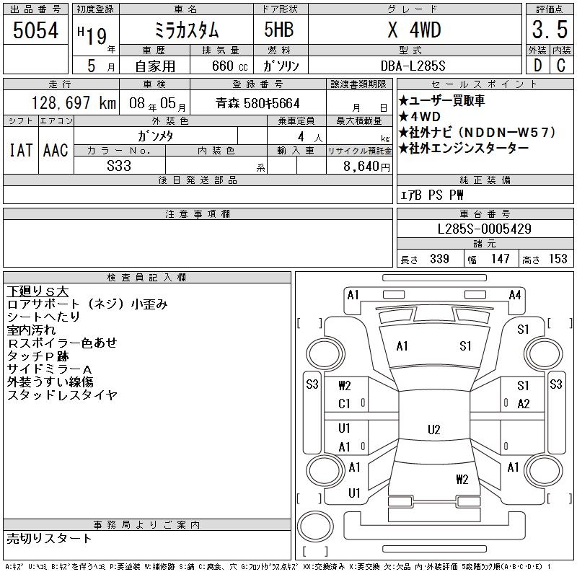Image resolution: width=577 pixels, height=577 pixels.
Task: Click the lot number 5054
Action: [x=35, y=30]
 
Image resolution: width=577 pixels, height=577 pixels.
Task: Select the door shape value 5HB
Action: [x=273, y=30]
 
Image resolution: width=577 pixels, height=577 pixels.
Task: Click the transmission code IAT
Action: [x=20, y=150]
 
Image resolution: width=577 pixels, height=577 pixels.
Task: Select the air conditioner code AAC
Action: [x=56, y=150]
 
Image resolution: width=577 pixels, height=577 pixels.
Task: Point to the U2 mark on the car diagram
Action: [x=433, y=430]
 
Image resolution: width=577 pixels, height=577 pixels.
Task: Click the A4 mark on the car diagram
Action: [x=514, y=294]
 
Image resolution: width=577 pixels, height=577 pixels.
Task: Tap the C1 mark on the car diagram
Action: [x=344, y=404]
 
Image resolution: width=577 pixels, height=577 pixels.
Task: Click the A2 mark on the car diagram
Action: [x=524, y=404]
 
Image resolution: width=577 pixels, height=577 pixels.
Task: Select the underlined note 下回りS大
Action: [x=38, y=291]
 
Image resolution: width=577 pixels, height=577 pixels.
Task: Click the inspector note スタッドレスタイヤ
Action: [x=62, y=395]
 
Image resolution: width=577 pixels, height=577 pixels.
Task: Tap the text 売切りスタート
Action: [x=49, y=538]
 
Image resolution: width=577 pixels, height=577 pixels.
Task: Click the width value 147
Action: [x=500, y=259]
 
